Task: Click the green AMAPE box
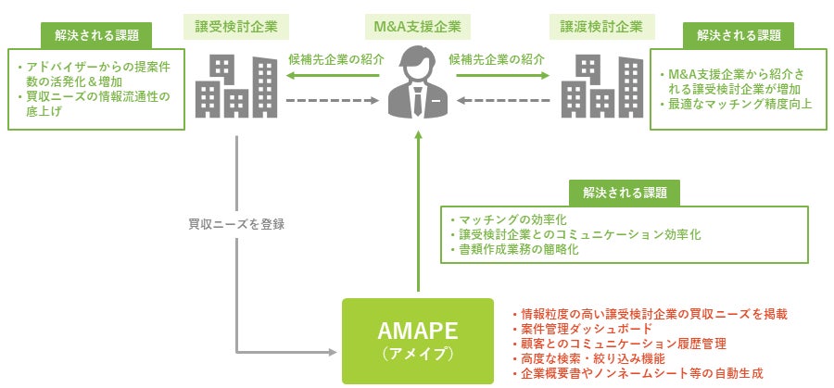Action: pos(418,340)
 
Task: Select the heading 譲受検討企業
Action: pos(235,25)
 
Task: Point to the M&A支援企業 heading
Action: pos(418,25)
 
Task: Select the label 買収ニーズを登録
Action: pos(235,223)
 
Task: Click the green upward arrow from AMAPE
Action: pos(419,213)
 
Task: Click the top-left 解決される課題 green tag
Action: pos(97,36)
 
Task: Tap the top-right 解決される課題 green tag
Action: pos(738,36)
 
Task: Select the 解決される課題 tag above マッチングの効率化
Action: pos(624,192)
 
